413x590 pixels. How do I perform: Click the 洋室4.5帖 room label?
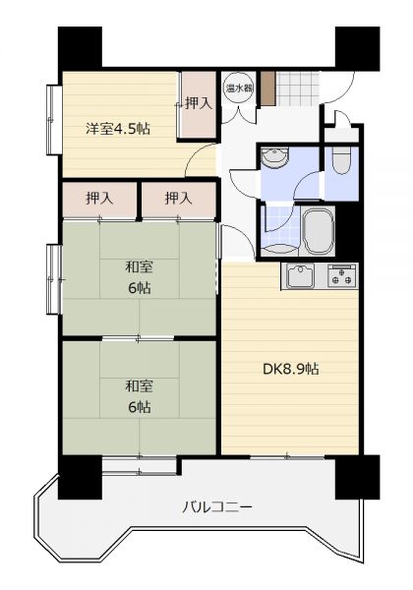tap(118, 129)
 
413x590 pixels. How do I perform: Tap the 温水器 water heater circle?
tap(239, 88)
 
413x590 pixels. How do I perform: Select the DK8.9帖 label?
tap(291, 369)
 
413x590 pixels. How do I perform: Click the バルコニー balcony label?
tap(217, 507)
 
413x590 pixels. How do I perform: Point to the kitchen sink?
tap(300, 275)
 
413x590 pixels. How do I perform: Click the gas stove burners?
tap(341, 275)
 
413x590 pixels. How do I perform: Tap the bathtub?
tap(319, 231)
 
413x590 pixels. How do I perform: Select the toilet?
tap(341, 160)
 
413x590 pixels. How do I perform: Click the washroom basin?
tap(275, 157)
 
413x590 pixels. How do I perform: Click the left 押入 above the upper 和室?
tap(99, 200)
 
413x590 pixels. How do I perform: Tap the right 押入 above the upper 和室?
tap(178, 200)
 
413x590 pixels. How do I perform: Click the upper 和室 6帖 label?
tap(140, 277)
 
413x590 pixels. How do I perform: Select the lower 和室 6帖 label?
tap(140, 396)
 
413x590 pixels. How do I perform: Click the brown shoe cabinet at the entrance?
tap(266, 88)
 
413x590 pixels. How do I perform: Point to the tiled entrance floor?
tap(297, 88)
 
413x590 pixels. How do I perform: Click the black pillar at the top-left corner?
tap(80, 48)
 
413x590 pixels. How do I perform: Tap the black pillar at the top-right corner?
tap(357, 48)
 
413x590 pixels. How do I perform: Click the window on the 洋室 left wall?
tap(54, 120)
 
